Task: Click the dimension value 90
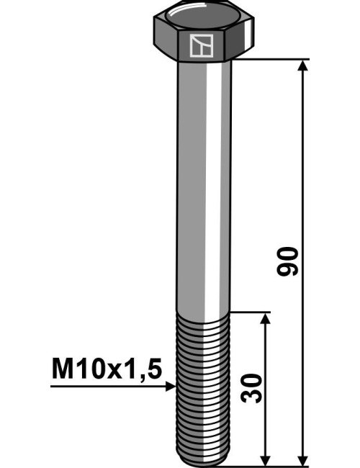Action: coord(287,261)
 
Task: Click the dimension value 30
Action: coord(251,388)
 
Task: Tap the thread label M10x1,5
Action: coord(107,369)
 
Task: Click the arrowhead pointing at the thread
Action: coord(171,386)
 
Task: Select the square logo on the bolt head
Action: coord(202,45)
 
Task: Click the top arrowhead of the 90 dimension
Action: coord(303,66)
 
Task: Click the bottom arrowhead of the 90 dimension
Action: coord(303,459)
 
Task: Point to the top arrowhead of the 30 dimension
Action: coord(266,318)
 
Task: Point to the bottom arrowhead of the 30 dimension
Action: coord(266,459)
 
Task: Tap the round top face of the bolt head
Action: coord(204,17)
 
